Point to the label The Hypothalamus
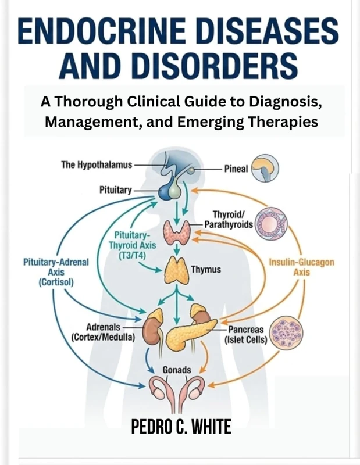pyautogui.click(x=96, y=165)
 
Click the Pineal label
pyautogui.click(x=237, y=169)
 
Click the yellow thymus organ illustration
pyautogui.click(x=176, y=270)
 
